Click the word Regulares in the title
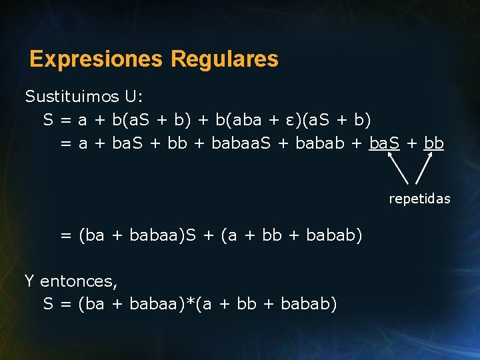point(225,59)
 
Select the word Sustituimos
point(71,97)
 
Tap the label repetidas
point(419,199)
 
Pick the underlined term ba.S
point(384,143)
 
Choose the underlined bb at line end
point(434,143)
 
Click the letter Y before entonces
point(30,281)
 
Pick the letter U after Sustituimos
point(129,97)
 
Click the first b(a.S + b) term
point(151,120)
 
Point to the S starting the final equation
point(48,304)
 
